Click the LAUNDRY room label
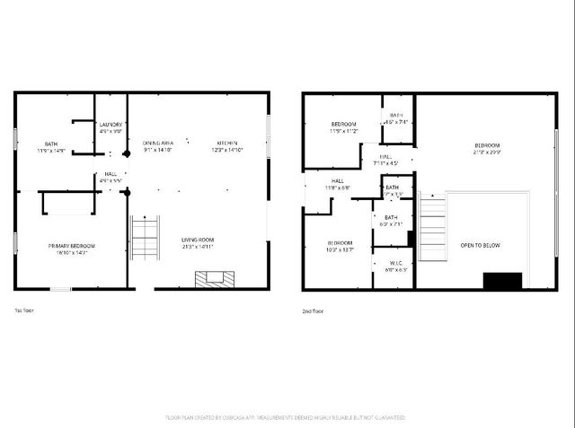pos(111,125)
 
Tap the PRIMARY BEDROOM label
pos(72,246)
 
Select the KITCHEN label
pos(226,144)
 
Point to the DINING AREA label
pos(157,144)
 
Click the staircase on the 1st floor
pos(145,238)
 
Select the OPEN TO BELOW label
pos(481,245)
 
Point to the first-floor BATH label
pos(52,144)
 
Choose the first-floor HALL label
pos(111,174)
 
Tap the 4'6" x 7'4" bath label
pos(396,122)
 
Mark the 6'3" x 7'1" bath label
pos(391,223)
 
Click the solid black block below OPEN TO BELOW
pos(501,280)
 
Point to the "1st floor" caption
pos(24,311)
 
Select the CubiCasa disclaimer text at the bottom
pos(287,417)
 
